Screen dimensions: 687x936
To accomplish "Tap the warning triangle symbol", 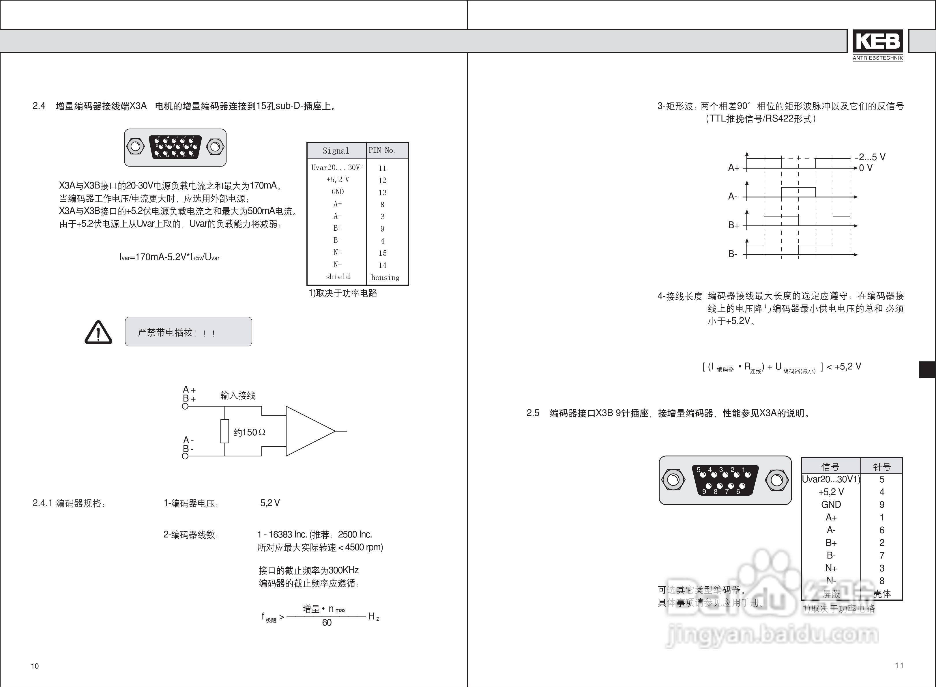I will tap(98, 333).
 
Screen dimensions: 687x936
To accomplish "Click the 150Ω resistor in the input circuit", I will tap(225, 431).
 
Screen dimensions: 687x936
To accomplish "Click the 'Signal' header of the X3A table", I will tap(336, 151).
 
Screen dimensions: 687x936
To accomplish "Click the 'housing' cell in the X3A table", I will tap(385, 277).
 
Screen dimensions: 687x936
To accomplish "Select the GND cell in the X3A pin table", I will tap(338, 192).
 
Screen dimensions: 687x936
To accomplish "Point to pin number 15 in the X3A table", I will tap(382, 253).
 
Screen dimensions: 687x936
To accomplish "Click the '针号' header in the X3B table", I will tap(881, 466).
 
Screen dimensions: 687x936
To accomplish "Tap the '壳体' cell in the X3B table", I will tap(881, 594).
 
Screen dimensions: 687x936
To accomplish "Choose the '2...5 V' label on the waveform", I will tap(872, 157).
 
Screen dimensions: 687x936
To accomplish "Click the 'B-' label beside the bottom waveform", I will tap(732, 254).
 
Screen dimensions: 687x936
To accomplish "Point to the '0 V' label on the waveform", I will tap(866, 168).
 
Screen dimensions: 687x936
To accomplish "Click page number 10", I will tap(35, 666).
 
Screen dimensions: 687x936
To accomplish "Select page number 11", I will tap(899, 665).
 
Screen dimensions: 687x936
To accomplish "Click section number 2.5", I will tap(533, 413).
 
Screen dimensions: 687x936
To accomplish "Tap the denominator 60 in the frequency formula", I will tap(327, 623).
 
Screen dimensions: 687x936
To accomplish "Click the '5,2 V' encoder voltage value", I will tap(270, 503).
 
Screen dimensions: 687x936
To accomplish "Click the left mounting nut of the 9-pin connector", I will tap(673, 480).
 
